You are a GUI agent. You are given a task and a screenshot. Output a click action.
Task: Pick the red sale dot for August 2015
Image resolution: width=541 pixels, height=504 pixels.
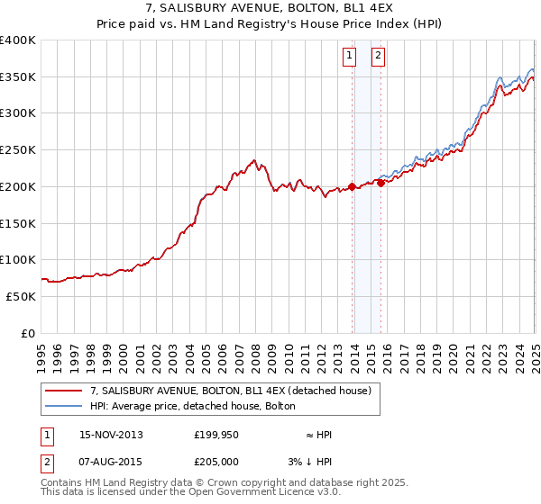[x=381, y=183]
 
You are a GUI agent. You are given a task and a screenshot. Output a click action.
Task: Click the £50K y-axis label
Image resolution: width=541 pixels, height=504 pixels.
[x=21, y=296]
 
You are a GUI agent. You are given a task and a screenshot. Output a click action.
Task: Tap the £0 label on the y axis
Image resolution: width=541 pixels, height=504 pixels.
[x=28, y=333]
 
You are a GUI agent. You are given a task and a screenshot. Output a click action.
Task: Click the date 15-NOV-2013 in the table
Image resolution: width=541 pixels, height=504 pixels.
[x=111, y=435]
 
